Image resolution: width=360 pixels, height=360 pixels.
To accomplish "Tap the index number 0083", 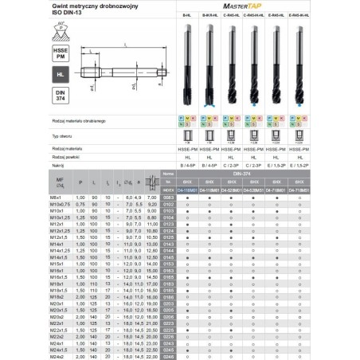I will pos(168,197).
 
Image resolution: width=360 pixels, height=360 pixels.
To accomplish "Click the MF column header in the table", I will pos(35,182).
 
